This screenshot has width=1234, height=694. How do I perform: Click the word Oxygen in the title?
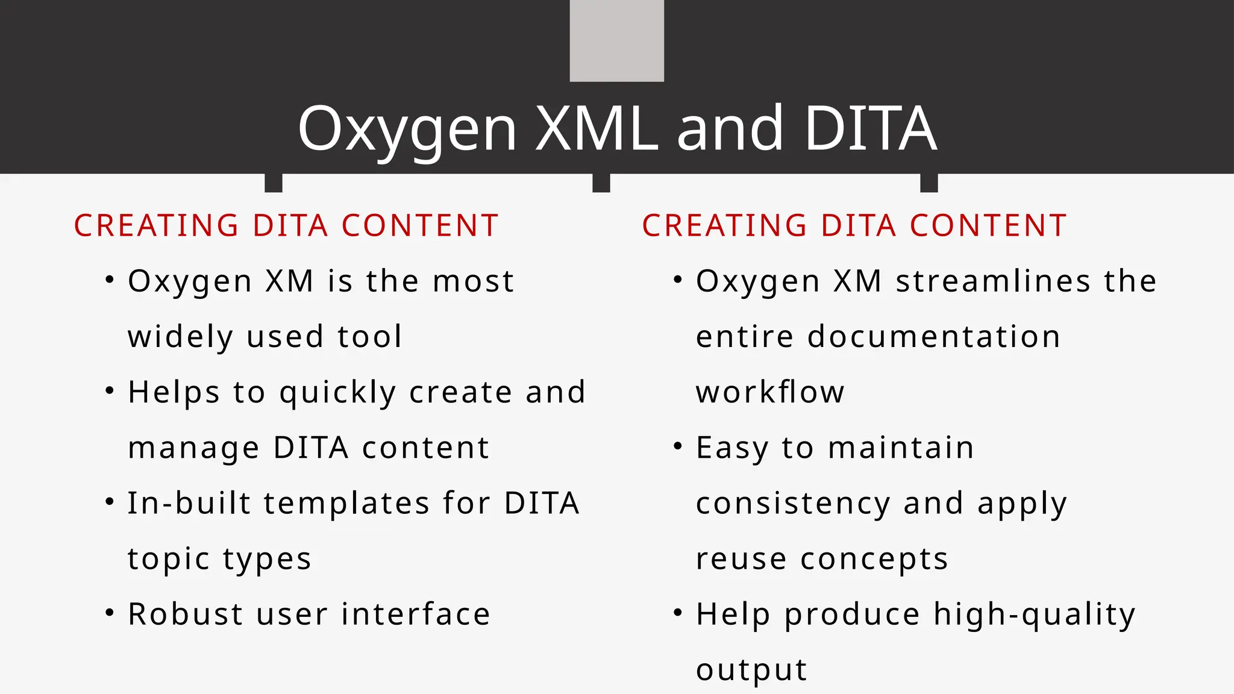[407, 129]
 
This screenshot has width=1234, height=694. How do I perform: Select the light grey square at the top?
[616, 40]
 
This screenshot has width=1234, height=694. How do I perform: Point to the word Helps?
[174, 393]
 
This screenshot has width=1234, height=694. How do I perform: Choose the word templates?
[346, 504]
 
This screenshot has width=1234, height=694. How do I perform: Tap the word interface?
[416, 614]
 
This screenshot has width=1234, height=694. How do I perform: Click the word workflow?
[770, 393]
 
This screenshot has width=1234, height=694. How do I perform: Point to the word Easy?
[732, 448]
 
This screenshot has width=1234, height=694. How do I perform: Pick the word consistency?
[792, 504]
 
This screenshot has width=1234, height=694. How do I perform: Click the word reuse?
[741, 559]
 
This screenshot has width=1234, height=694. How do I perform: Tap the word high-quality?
[1034, 614]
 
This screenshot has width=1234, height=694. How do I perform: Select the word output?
[751, 670]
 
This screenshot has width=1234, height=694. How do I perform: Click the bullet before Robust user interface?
[109, 613]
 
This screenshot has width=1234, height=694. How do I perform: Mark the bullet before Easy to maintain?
[677, 446]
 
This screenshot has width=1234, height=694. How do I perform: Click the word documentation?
[933, 337]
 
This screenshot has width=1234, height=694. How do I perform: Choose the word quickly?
[337, 393]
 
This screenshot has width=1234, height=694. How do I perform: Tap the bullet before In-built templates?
[109, 502]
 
